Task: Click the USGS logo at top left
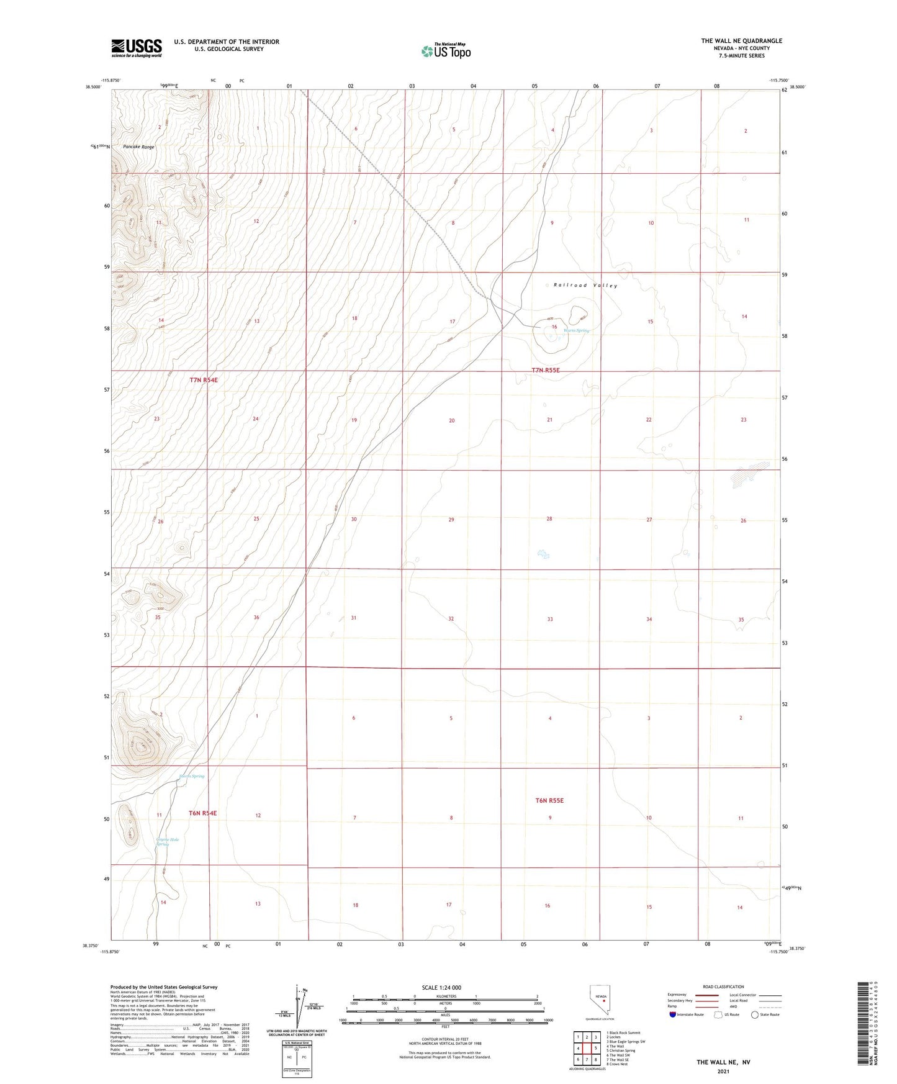tap(137, 47)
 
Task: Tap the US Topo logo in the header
tap(446, 51)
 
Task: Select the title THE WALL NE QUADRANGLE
tap(741, 41)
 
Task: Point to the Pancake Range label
tap(138, 147)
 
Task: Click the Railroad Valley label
tap(585, 286)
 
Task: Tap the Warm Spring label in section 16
tap(576, 330)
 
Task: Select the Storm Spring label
tap(191, 776)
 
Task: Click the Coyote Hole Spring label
tap(167, 842)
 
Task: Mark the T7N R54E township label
tap(204, 379)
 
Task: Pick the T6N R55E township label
tap(549, 800)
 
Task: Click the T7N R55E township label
tap(546, 370)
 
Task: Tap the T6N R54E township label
tap(203, 813)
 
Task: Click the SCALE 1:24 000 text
tap(441, 987)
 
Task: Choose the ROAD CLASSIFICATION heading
tap(723, 987)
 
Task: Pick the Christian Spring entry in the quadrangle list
tap(621, 1050)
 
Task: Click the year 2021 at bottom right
tap(723, 1072)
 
